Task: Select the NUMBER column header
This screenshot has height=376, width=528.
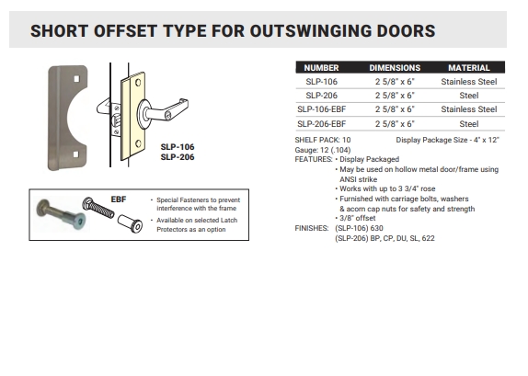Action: [x=321, y=68]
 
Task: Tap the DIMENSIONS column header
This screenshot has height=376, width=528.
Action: [x=395, y=68]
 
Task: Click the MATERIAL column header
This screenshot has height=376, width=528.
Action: [x=469, y=68]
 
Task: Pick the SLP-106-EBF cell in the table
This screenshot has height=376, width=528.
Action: [x=322, y=109]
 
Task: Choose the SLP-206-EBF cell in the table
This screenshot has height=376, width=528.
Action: [x=322, y=124]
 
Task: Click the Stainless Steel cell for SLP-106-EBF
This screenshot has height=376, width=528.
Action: [x=469, y=109]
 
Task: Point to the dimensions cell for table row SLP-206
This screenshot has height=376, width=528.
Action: [x=395, y=96]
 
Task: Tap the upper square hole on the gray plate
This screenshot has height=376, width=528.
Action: [x=76, y=79]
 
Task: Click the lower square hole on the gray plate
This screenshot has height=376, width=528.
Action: [x=75, y=154]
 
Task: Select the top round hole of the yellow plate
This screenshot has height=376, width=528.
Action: [x=138, y=83]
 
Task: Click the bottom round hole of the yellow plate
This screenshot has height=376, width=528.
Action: [x=138, y=143]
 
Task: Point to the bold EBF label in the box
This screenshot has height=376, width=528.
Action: [x=119, y=199]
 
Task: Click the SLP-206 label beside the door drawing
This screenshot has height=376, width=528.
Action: [x=178, y=157]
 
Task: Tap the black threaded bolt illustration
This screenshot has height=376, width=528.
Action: [x=98, y=208]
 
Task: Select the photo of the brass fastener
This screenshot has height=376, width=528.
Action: [x=61, y=213]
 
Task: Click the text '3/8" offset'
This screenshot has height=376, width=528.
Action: [x=357, y=218]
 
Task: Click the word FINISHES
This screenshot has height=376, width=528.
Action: [x=312, y=228]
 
